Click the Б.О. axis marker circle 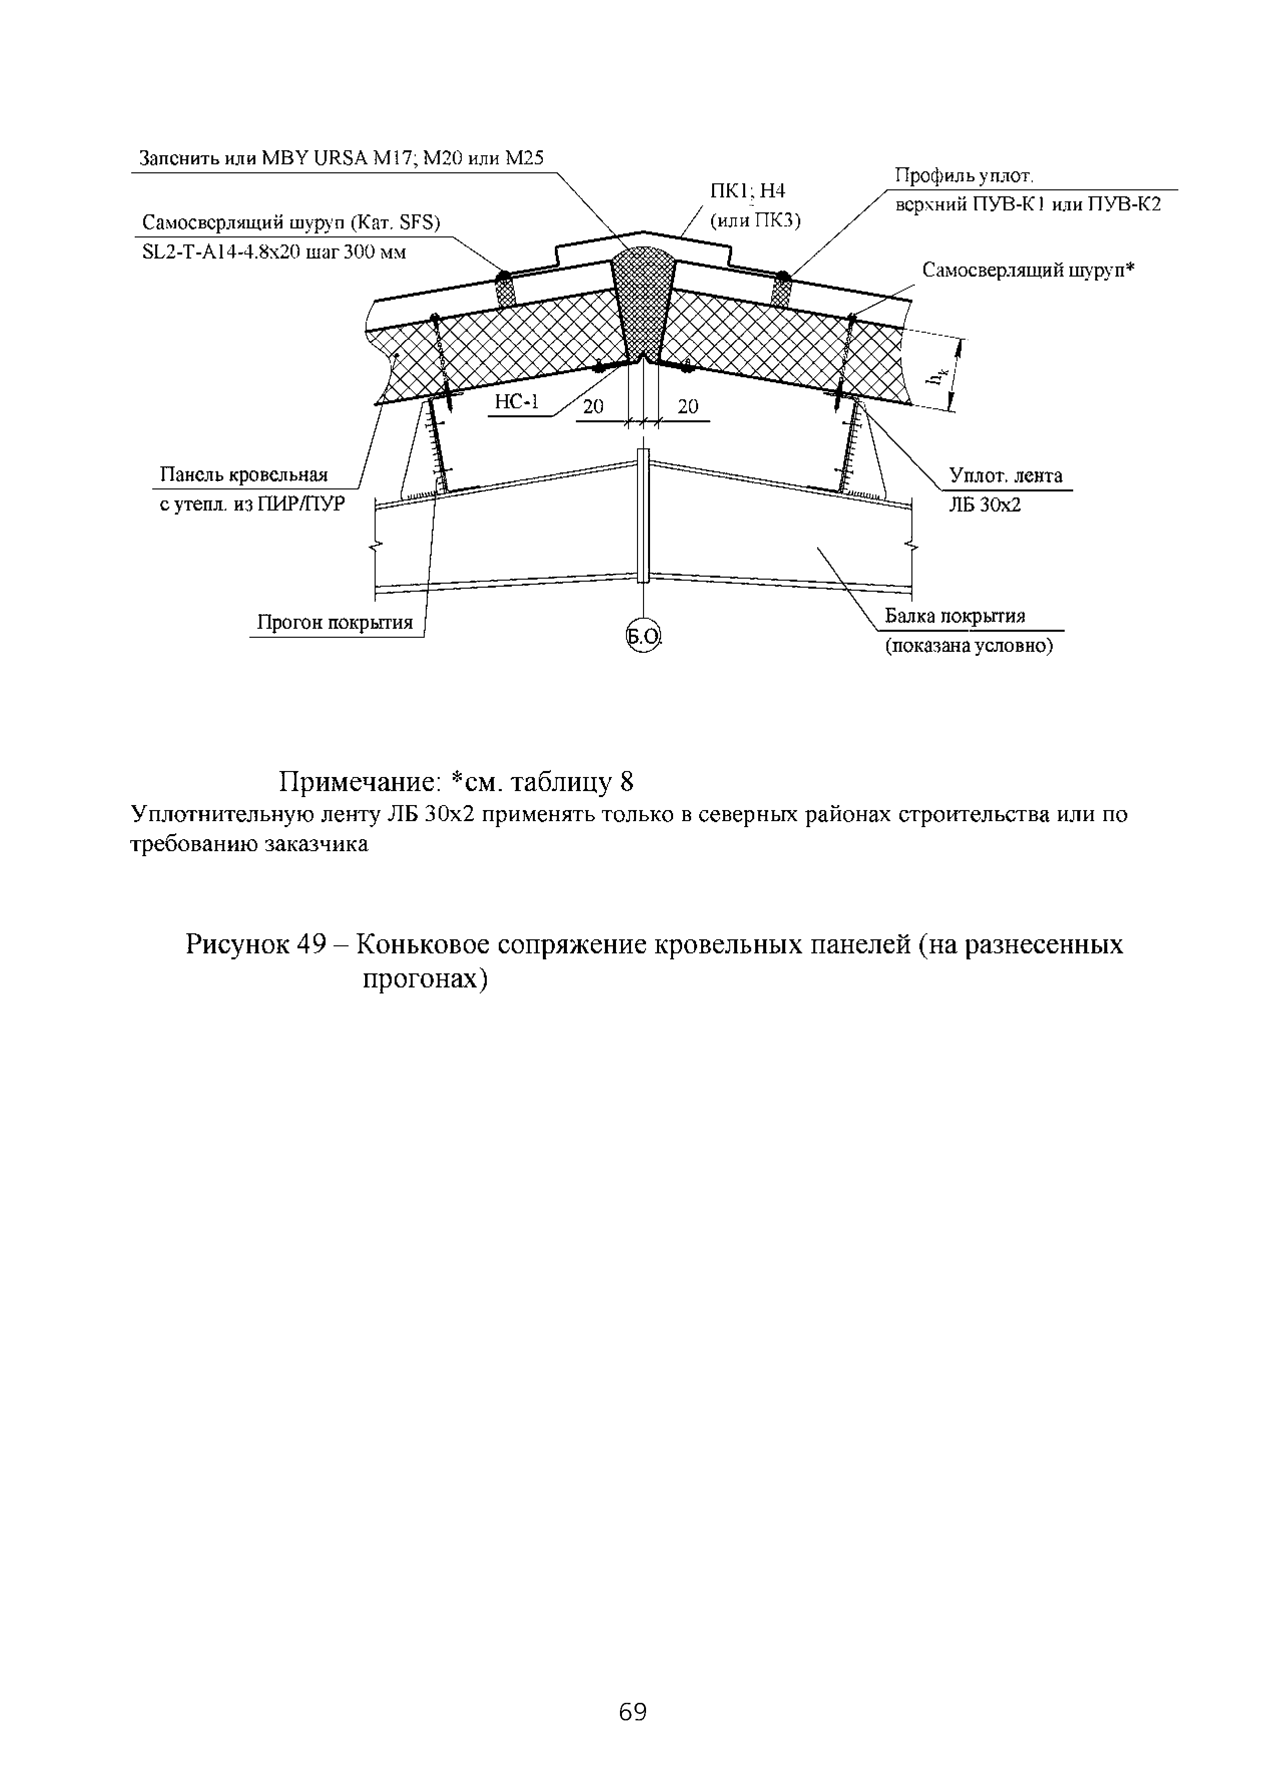tap(643, 637)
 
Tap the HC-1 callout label tap(517, 402)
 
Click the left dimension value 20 tap(593, 406)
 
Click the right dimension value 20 tap(688, 406)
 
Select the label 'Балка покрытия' tap(954, 616)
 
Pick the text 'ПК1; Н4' tap(747, 191)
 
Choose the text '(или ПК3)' tap(755, 220)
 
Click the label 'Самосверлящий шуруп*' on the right tap(1028, 270)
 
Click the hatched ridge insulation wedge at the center tap(644, 304)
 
